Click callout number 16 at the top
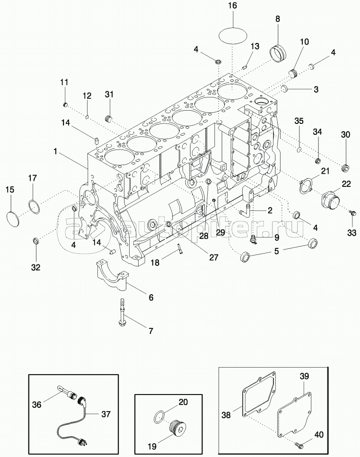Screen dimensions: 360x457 coord(233,6)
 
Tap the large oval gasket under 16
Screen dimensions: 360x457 coord(233,36)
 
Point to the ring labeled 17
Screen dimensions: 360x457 coord(35,206)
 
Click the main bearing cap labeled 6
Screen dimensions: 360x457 coord(112,275)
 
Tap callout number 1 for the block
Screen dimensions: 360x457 coord(55,151)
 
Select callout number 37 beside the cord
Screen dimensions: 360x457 coord(105,414)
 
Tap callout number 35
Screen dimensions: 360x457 coord(299,121)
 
